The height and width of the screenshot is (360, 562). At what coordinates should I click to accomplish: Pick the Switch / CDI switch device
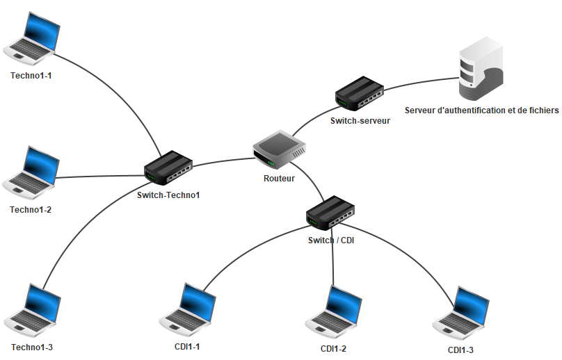coord(331,213)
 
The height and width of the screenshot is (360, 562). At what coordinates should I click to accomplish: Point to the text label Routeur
coord(279,179)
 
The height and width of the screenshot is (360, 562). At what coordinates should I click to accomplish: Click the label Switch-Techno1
coord(168,195)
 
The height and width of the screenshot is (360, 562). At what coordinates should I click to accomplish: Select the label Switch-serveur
coord(360,120)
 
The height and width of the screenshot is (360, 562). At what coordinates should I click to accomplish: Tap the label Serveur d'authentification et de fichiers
coord(481,111)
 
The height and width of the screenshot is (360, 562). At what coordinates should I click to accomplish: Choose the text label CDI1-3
coord(460,350)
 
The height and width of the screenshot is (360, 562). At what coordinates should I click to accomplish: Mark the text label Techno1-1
coord(31,75)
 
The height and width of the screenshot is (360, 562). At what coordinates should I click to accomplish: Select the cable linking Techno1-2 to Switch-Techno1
coord(97,176)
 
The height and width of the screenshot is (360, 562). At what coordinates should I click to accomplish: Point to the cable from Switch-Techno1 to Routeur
coord(223,162)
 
